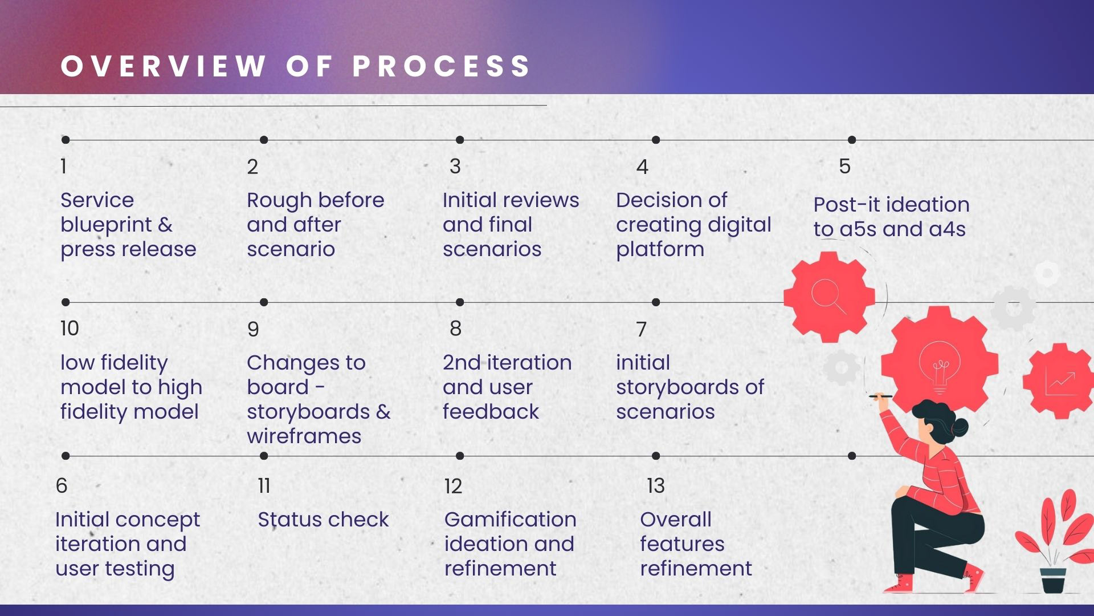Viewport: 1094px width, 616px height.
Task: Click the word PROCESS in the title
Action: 442,66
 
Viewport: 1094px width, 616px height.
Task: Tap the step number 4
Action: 642,167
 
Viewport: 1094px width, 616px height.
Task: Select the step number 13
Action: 656,486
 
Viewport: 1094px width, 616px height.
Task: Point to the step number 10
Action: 70,329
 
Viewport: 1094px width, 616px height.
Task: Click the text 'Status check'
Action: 323,520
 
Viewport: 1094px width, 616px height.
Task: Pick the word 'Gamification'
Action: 510,520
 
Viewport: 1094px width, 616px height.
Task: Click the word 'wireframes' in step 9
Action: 304,436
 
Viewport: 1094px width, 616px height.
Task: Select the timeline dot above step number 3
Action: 460,140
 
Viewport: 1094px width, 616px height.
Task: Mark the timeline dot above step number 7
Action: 656,302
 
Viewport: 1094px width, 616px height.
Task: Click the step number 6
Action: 62,486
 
